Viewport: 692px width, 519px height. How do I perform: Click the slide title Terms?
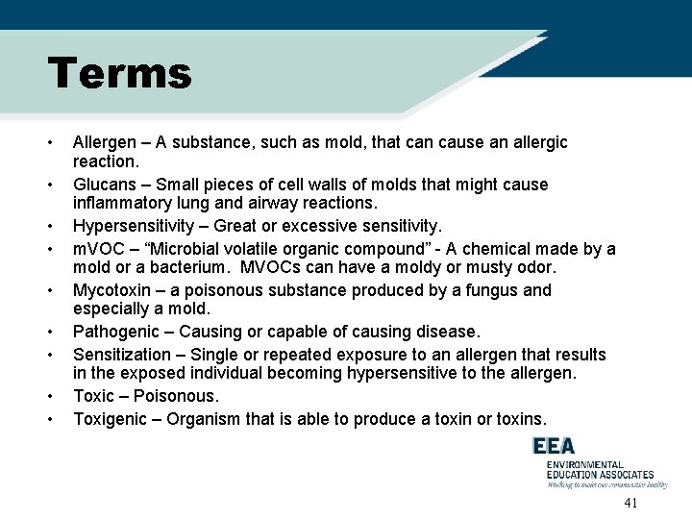[x=120, y=74]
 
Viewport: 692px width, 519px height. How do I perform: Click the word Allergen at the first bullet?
[x=105, y=142]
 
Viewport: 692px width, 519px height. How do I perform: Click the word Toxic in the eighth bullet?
[x=93, y=396]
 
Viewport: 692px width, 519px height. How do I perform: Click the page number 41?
[x=630, y=504]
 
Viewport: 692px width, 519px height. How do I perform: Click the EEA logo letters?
[x=556, y=447]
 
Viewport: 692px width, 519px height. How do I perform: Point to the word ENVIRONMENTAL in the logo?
[x=584, y=464]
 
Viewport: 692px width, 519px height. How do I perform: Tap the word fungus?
[x=469, y=290]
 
